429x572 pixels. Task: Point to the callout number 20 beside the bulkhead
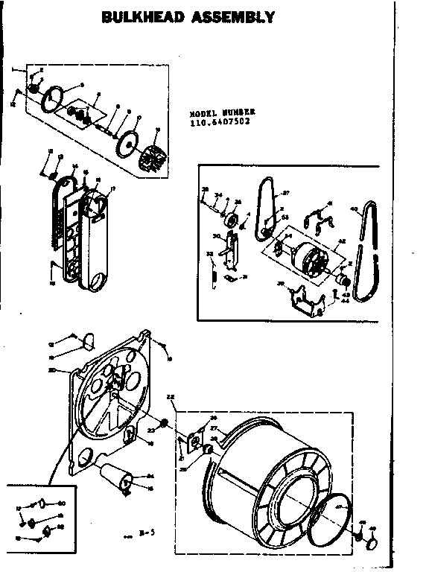(x=51, y=370)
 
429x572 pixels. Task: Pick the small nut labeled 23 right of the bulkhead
(x=164, y=427)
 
